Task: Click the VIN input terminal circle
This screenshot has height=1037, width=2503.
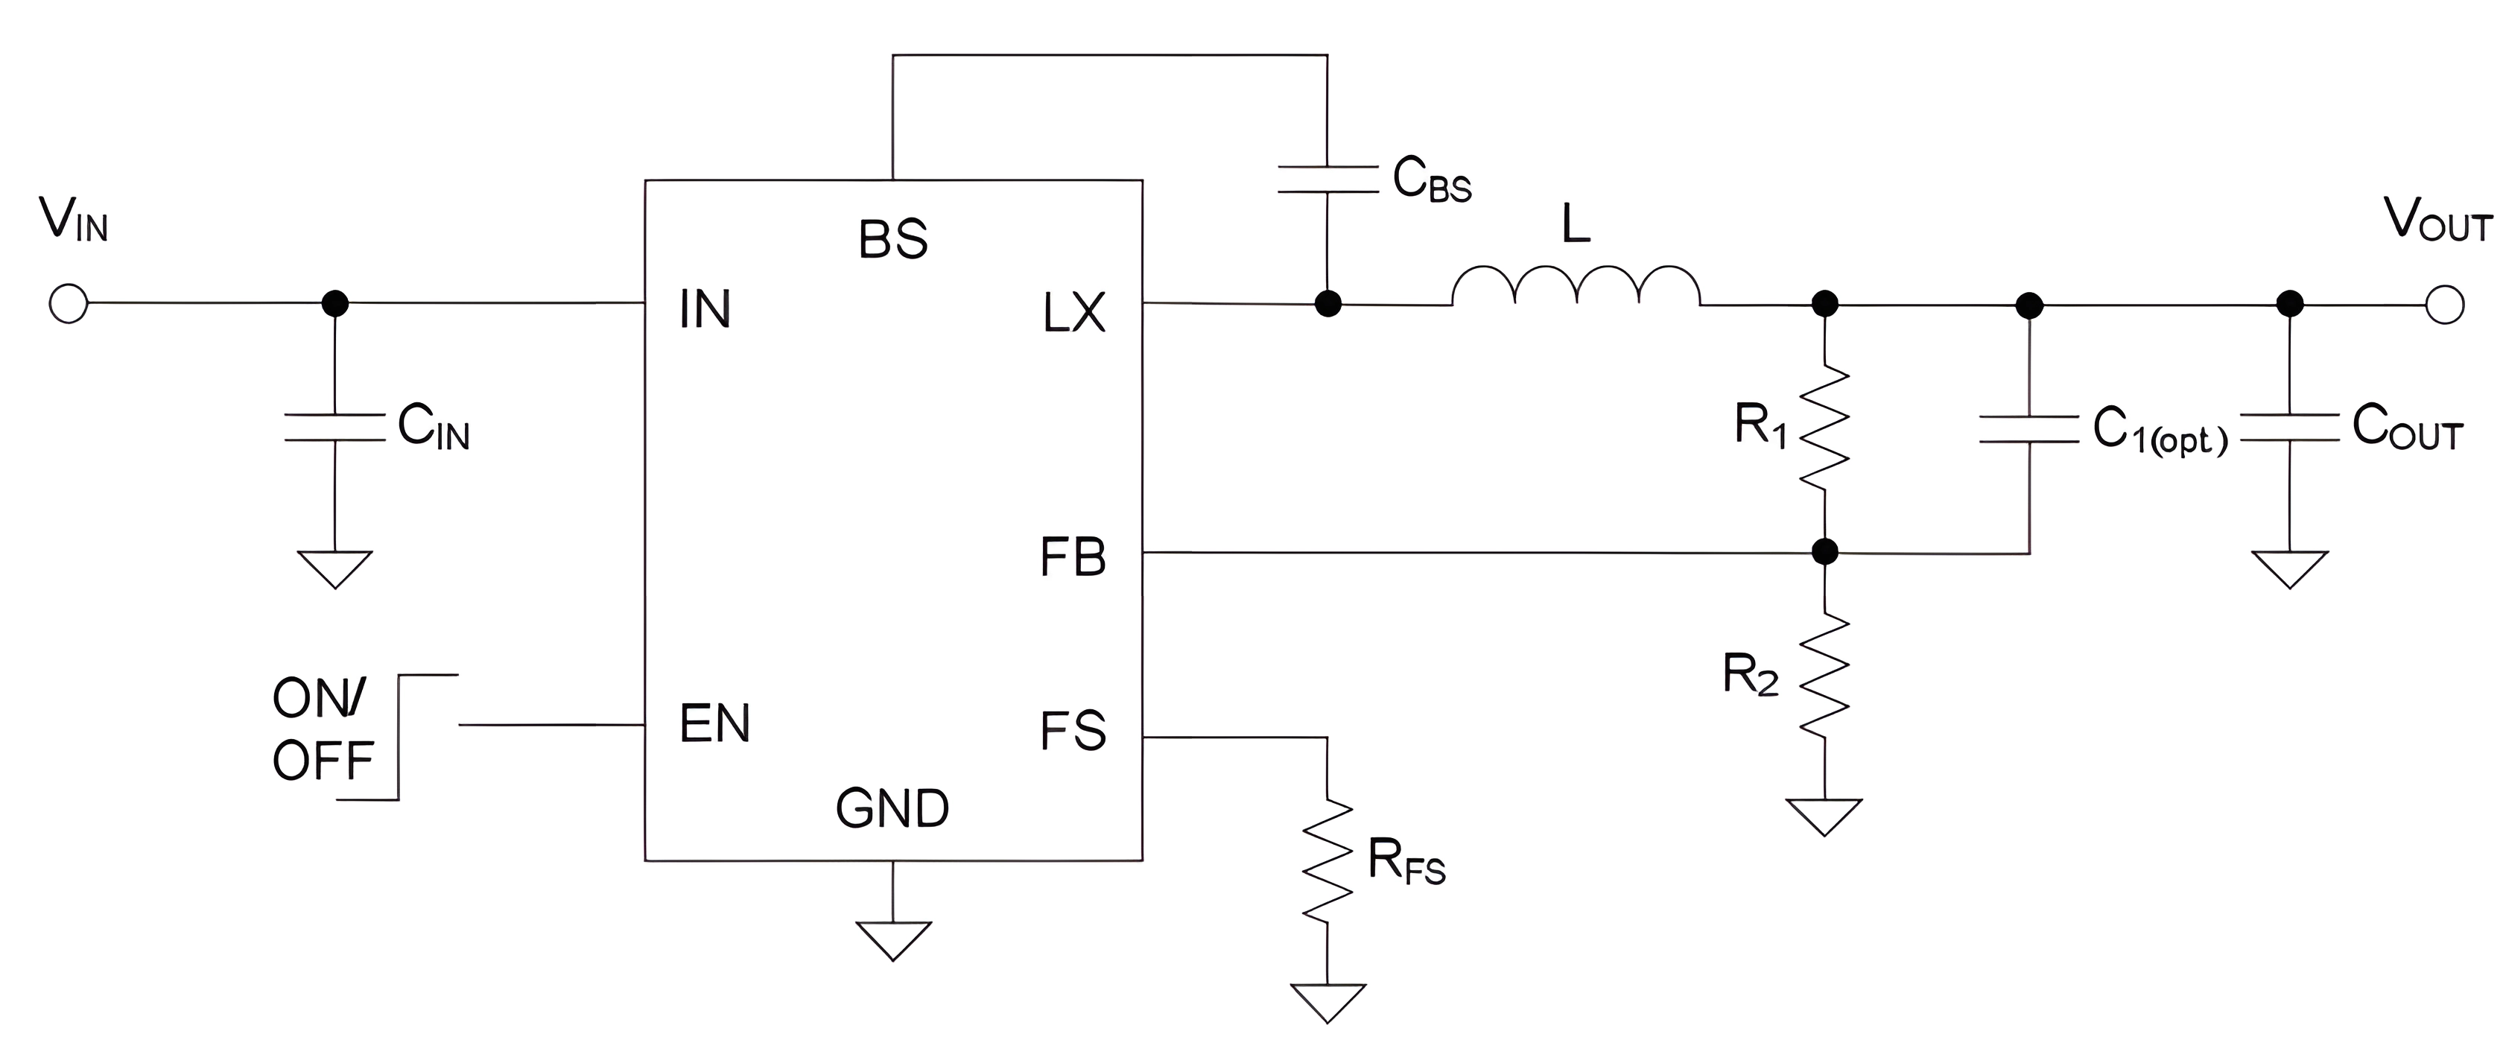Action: [x=68, y=303]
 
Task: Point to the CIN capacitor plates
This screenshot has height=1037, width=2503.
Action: [x=334, y=428]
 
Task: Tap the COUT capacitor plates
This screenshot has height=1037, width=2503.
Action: [x=2289, y=428]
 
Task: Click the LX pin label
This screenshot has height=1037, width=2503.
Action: [x=1073, y=313]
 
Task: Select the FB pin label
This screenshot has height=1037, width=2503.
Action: [x=1073, y=558]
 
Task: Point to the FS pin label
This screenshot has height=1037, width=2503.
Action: [x=1073, y=731]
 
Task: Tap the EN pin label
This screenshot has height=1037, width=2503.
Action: [x=715, y=724]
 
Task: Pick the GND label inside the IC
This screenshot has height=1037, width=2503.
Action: [x=892, y=808]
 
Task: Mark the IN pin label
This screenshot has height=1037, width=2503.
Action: [x=705, y=310]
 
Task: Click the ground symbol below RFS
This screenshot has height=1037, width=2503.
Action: [x=1327, y=1001]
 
